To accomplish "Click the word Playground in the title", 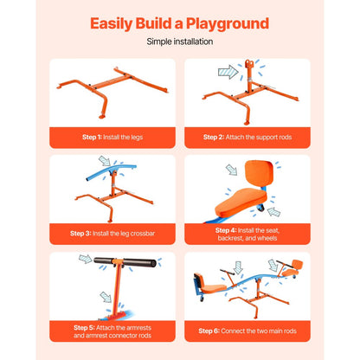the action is click(x=228, y=24).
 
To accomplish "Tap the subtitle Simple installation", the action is click(x=180, y=42).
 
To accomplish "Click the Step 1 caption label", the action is click(x=112, y=138).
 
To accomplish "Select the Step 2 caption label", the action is click(x=247, y=137).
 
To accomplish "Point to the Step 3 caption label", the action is click(x=112, y=234).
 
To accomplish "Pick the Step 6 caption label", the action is click(x=247, y=331).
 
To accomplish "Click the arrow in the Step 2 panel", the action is click(x=228, y=72).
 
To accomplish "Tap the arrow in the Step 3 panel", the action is click(x=104, y=161).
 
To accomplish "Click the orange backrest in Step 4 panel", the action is click(x=259, y=174).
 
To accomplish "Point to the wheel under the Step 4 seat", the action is click(x=260, y=208).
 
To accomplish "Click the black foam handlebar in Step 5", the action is click(x=125, y=262).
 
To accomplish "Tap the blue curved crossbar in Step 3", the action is click(x=111, y=172).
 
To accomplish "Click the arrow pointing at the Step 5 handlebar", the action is click(x=86, y=259).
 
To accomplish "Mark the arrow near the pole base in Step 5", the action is click(x=106, y=297).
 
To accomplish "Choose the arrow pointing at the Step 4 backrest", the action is click(x=231, y=170).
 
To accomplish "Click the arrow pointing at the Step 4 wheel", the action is click(x=274, y=212).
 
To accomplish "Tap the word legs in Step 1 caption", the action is click(x=137, y=138).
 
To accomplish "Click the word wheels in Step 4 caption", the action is click(x=267, y=238).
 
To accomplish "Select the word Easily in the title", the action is click(x=112, y=24).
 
